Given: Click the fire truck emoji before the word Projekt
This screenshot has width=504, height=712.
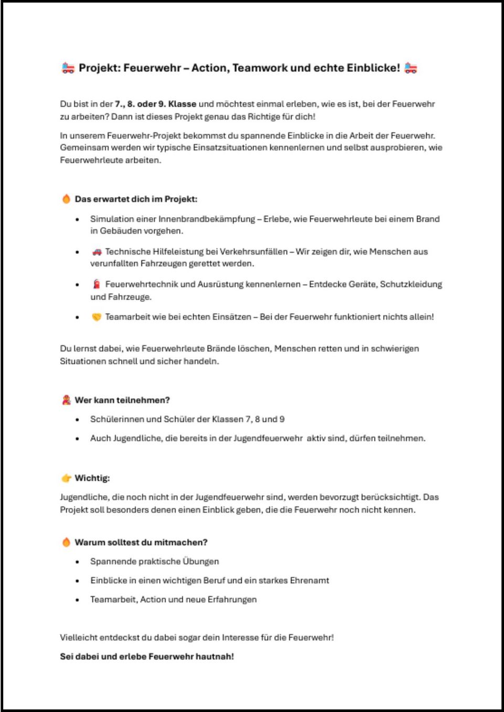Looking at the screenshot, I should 68,68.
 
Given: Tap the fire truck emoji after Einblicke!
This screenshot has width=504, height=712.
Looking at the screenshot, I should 411,68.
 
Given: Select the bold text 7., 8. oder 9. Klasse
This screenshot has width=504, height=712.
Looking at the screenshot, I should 155,104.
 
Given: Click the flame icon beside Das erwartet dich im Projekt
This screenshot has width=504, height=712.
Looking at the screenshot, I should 66,199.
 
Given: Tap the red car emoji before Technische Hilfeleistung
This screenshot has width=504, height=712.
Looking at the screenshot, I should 97,252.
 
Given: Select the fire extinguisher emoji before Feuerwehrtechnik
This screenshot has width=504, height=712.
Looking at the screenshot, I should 97,284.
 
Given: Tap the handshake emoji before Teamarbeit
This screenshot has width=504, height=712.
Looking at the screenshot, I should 97,317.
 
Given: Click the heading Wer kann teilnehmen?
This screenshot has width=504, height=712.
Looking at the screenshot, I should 122,400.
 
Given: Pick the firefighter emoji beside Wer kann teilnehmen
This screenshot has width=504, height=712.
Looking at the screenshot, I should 66,400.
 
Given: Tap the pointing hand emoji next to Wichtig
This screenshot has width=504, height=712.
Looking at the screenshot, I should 66,478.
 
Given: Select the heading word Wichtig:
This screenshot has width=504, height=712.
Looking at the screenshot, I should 92,478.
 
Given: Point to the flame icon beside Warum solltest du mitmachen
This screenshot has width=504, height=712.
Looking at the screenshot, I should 66,542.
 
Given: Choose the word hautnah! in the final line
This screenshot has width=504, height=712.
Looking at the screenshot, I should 215,656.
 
